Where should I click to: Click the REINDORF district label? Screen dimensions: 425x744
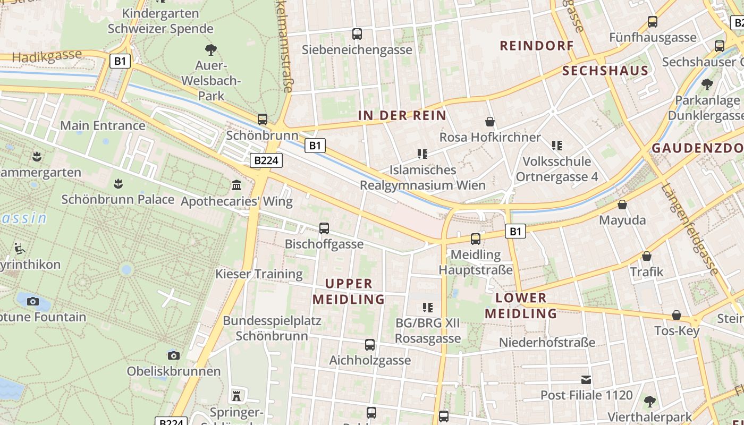click(x=537, y=46)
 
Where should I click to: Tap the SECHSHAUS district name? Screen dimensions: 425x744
click(x=605, y=71)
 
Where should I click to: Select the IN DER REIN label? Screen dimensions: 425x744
click(x=402, y=115)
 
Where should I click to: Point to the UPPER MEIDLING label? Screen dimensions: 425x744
click(x=349, y=291)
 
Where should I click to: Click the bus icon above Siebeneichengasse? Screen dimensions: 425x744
click(x=357, y=34)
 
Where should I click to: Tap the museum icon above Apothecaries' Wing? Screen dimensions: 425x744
click(x=236, y=185)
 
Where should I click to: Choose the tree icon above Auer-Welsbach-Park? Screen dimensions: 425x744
click(x=211, y=50)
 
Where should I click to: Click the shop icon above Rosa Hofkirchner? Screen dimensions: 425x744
click(x=489, y=122)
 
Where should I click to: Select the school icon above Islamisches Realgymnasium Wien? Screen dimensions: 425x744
click(x=422, y=154)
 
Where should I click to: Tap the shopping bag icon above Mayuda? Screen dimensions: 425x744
click(x=622, y=205)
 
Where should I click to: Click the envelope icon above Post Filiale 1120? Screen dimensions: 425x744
click(x=586, y=379)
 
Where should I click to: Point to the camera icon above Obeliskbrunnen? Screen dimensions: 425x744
click(x=173, y=355)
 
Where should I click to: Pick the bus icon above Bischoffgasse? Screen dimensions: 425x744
click(x=324, y=228)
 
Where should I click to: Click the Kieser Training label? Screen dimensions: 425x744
click(x=259, y=274)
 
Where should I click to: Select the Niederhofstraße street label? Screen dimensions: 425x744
click(x=547, y=343)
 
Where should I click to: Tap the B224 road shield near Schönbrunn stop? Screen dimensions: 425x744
click(x=266, y=160)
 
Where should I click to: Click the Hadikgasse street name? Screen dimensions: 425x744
click(x=47, y=56)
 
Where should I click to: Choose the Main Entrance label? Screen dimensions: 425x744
click(x=103, y=125)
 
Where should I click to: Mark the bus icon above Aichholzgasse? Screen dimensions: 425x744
click(x=370, y=344)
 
